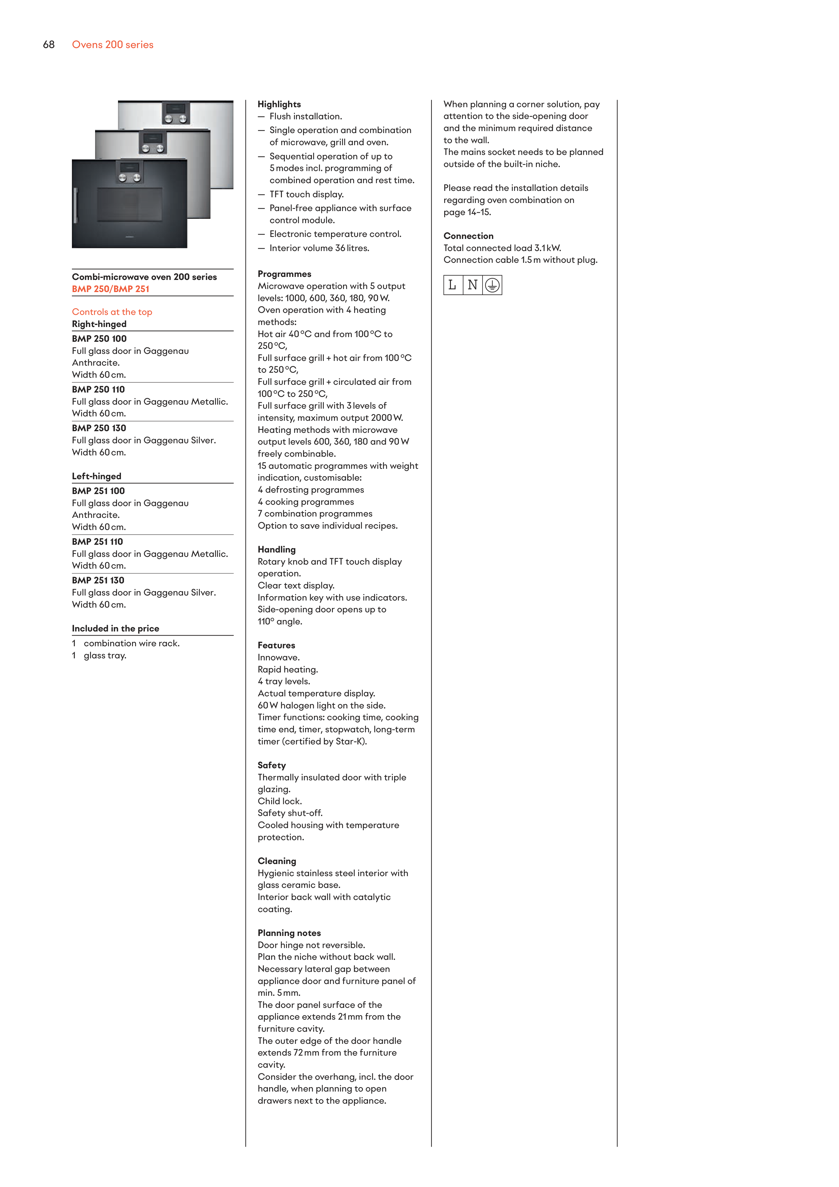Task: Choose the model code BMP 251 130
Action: click(x=98, y=580)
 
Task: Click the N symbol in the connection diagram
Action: click(x=472, y=285)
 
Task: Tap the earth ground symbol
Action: click(x=492, y=285)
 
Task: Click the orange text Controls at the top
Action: click(x=112, y=312)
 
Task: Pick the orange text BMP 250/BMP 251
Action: click(x=111, y=289)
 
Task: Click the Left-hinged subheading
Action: click(x=97, y=476)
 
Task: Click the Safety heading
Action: click(x=271, y=765)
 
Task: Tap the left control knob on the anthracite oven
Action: click(x=123, y=178)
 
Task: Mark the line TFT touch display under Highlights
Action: click(x=306, y=194)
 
